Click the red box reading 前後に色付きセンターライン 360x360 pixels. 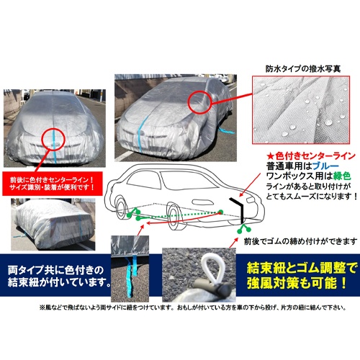coord(54,179)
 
